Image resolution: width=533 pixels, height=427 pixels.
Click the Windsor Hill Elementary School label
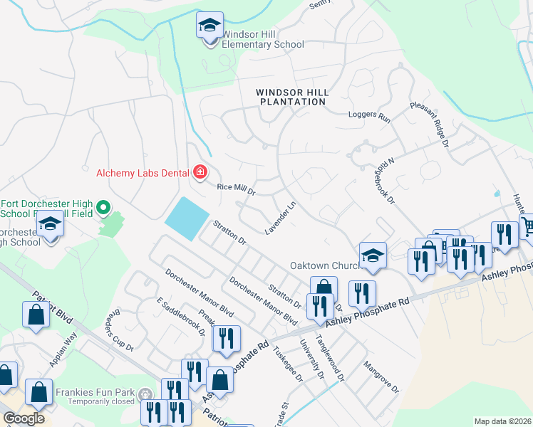click(263, 39)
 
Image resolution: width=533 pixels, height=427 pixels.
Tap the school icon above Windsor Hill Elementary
click(209, 26)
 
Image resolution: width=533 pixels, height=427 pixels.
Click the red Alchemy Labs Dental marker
click(201, 172)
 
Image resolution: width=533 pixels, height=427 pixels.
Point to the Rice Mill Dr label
click(235, 190)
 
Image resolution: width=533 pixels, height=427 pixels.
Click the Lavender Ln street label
click(281, 218)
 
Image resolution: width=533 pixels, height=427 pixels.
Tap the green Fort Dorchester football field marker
click(103, 208)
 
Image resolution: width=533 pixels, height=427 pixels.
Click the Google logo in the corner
click(24, 418)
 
